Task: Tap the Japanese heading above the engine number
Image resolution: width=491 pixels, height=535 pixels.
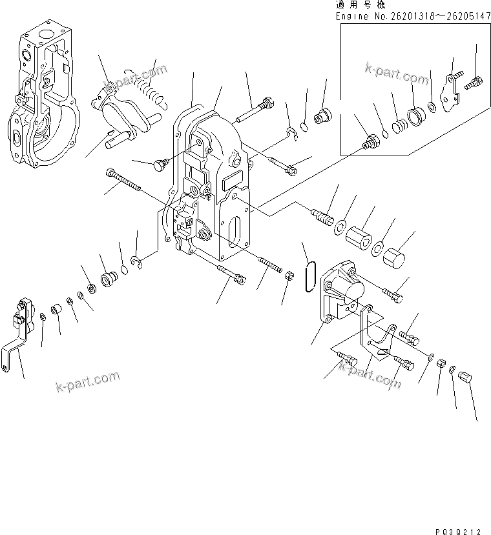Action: pos(359,4)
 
